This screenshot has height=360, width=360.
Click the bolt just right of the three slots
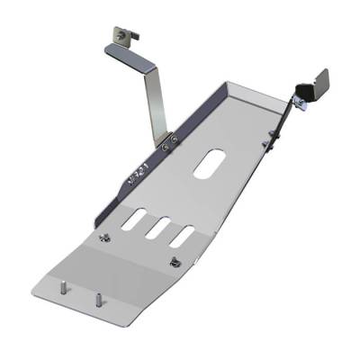[172, 263]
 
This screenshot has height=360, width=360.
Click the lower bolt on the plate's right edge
[267, 142]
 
